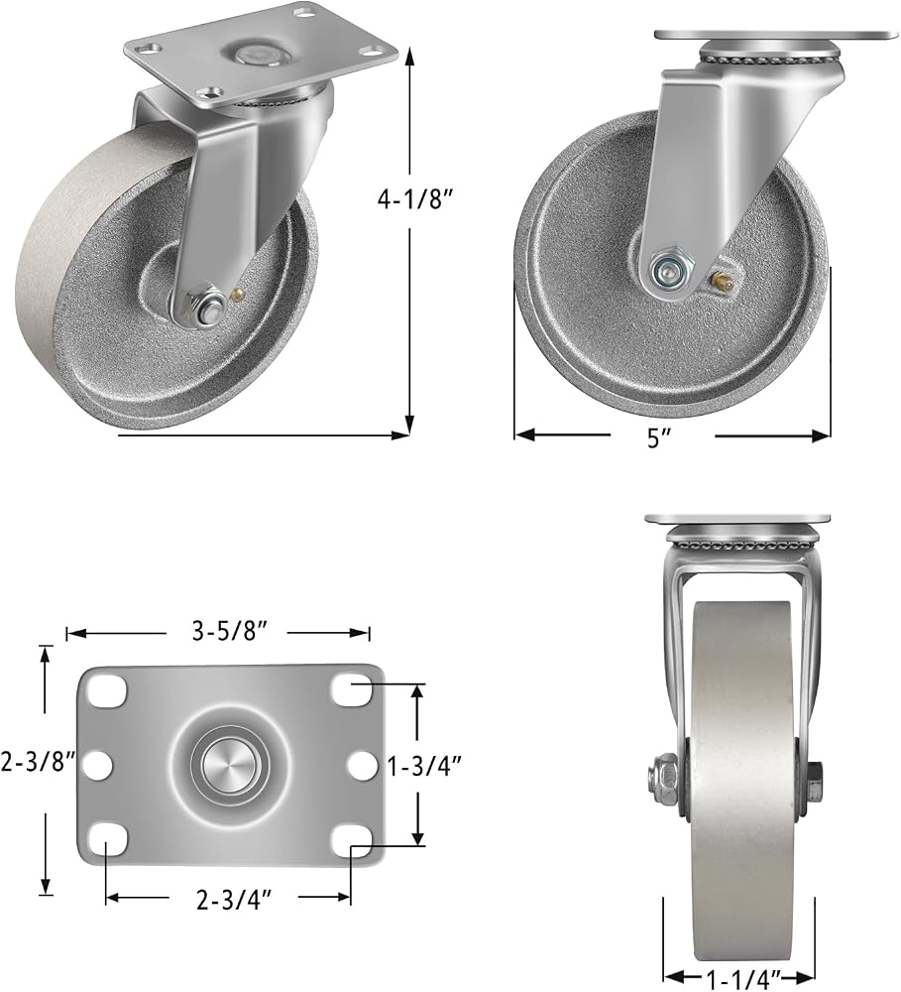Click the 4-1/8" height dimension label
tap(415, 199)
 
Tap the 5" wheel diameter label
tap(658, 437)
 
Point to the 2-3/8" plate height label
tap(39, 762)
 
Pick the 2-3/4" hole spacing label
tap(234, 901)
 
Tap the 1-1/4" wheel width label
tap(743, 980)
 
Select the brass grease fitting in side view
tap(722, 280)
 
